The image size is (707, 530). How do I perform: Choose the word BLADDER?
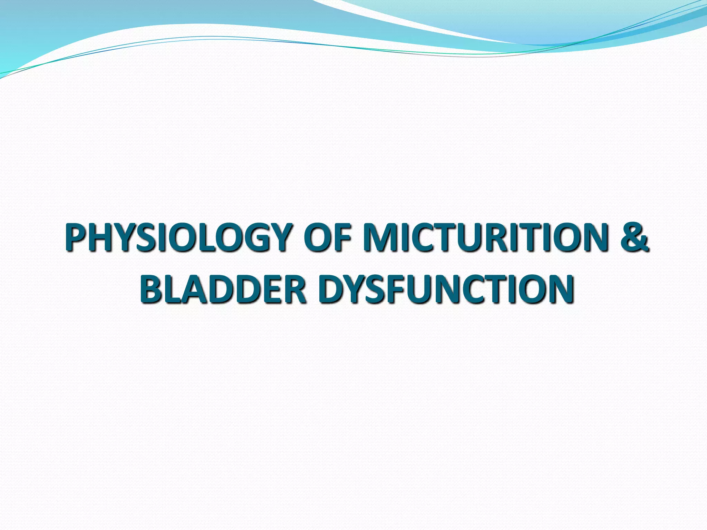tap(223, 289)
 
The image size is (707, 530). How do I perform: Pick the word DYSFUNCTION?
tap(446, 289)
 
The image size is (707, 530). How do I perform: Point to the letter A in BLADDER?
tap(194, 289)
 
